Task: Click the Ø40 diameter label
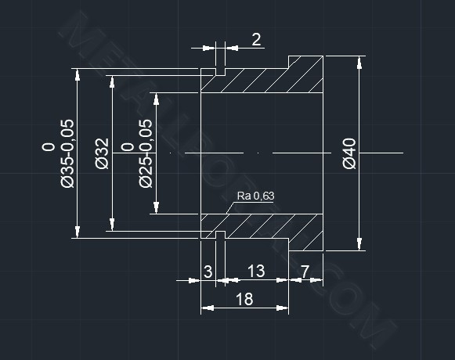pyautogui.click(x=349, y=153)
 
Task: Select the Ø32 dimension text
pyautogui.click(x=102, y=153)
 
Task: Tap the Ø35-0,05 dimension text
pyautogui.click(x=67, y=153)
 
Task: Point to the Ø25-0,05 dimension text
pyautogui.click(x=146, y=153)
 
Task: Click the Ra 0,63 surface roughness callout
pyautogui.click(x=255, y=196)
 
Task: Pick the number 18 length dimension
pyautogui.click(x=244, y=299)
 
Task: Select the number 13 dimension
pyautogui.click(x=256, y=271)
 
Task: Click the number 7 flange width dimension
pyautogui.click(x=305, y=272)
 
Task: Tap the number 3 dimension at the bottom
pyautogui.click(x=208, y=272)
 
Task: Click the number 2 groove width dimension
pyautogui.click(x=256, y=39)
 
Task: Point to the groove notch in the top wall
pyautogui.click(x=220, y=72)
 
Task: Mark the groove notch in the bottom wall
pyautogui.click(x=220, y=235)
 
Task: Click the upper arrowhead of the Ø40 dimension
pyautogui.click(x=359, y=63)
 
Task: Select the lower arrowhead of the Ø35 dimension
pyautogui.click(x=78, y=232)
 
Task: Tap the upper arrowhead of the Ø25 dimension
pyautogui.click(x=156, y=99)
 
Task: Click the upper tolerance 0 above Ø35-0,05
pyautogui.click(x=49, y=147)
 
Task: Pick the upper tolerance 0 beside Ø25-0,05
pyautogui.click(x=127, y=147)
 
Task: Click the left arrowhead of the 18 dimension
pyautogui.click(x=208, y=308)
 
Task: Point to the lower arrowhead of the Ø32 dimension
pyautogui.click(x=112, y=225)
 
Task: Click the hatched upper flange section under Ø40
pyautogui.click(x=305, y=74)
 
